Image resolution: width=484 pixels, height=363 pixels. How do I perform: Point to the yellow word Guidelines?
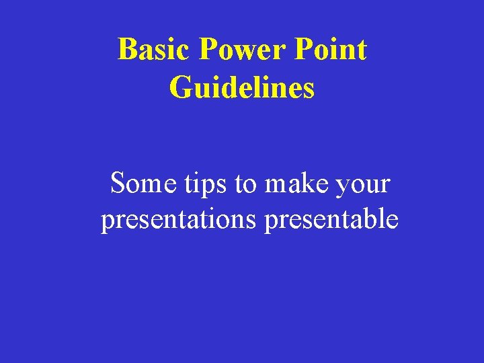pos(242,87)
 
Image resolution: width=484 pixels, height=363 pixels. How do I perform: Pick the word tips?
pos(205,183)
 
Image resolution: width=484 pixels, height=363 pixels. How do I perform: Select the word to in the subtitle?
pos(246,183)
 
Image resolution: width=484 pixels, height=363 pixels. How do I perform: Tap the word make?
pos(295,183)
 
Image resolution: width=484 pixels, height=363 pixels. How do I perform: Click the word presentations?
pos(179,219)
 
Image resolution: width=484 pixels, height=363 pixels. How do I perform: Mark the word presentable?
pos(331,219)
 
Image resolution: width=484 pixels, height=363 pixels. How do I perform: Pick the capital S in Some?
pos(118,183)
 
